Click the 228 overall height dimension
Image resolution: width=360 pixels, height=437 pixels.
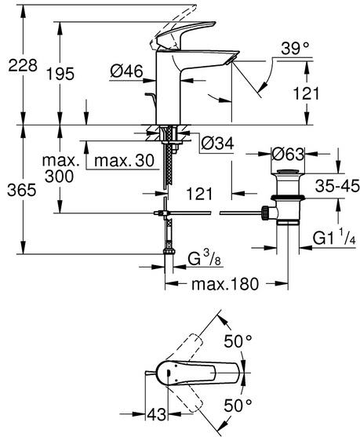point(23,66)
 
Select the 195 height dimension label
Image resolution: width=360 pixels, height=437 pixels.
point(60,74)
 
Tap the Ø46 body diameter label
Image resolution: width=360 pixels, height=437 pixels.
point(126,71)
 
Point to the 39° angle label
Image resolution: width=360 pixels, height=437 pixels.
point(295,49)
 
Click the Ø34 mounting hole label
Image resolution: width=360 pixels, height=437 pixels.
point(217,144)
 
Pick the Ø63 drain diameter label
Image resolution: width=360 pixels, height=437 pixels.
point(288,154)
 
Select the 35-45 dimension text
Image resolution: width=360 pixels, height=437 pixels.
point(337,186)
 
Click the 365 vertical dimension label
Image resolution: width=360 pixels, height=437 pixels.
point(22,191)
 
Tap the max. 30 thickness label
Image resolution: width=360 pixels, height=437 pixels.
point(124,161)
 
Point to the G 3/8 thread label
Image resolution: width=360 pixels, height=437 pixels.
point(204,258)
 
